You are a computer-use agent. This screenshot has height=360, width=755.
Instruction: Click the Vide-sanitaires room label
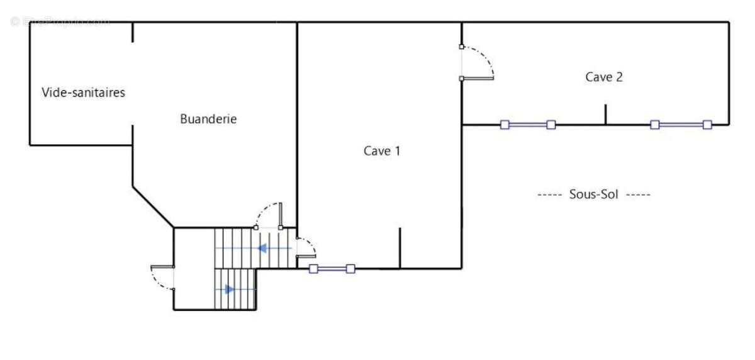84,93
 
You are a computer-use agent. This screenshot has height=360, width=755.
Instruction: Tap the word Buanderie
208,118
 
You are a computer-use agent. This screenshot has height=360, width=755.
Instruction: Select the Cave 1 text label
382,151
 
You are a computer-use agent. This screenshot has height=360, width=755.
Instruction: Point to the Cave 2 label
604,77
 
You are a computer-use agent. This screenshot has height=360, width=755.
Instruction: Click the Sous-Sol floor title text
593,194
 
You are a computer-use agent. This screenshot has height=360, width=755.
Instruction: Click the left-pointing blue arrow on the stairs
262,248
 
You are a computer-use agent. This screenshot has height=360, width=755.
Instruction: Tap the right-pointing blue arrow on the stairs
230,290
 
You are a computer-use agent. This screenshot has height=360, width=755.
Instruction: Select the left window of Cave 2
527,125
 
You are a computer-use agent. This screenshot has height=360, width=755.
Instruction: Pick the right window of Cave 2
681,125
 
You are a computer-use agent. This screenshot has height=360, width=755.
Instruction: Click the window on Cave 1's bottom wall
332,269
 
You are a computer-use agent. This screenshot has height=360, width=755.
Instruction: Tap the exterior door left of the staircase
163,278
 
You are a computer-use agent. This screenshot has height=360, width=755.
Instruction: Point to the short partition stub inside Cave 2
605,115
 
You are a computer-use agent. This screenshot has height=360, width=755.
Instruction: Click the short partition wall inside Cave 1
400,248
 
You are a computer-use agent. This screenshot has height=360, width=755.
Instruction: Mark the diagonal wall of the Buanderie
153,206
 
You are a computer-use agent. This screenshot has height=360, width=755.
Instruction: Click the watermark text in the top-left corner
60,21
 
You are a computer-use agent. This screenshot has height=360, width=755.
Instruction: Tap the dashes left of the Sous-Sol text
549,194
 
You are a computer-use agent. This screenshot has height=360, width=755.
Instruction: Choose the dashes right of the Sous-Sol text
639,194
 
